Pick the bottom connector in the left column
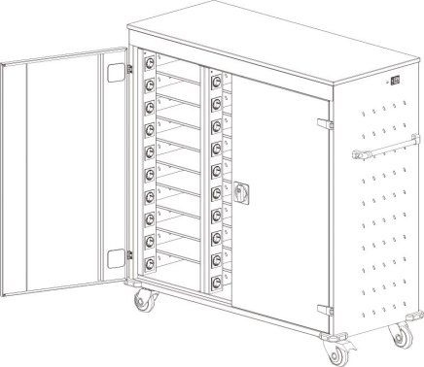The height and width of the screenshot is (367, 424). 151,261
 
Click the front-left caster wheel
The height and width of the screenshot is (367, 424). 143,302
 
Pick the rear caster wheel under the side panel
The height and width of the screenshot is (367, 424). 398,335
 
